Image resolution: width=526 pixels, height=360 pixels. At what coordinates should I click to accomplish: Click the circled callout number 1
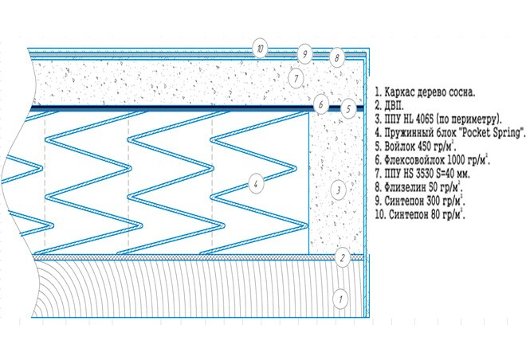point(340,299)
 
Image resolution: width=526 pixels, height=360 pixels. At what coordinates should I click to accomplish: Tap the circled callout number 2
point(343,258)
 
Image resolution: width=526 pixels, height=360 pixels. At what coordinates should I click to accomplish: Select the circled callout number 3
point(338,190)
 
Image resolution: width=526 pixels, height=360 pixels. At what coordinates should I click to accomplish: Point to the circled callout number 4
point(256,184)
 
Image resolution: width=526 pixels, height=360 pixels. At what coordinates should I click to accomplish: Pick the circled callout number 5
point(348,109)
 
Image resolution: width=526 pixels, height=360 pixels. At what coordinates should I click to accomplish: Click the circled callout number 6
point(321,104)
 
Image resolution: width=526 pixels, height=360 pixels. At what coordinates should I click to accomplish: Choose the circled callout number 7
point(296,79)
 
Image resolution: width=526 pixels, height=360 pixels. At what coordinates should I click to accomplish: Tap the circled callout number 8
point(336,57)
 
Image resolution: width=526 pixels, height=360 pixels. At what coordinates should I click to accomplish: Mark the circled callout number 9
point(304,54)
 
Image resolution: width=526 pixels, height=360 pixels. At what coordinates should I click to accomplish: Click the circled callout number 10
point(261,49)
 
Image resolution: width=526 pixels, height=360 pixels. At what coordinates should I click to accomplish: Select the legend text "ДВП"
point(394,106)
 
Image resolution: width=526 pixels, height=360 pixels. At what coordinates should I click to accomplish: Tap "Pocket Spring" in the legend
point(491,133)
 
